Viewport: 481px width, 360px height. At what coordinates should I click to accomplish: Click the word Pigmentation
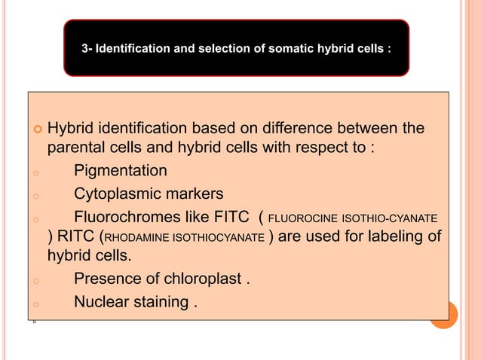coord(121,171)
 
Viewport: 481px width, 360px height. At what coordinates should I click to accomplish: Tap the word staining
coord(163,304)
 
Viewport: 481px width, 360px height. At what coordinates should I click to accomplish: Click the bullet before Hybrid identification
coord(35,127)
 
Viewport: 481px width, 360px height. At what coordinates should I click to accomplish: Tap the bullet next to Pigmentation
coord(35,172)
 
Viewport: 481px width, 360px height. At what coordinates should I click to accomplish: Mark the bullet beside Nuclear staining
coord(35,305)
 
